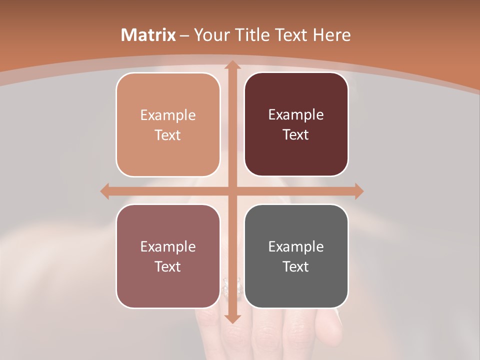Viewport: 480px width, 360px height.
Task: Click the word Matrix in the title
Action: tap(148, 35)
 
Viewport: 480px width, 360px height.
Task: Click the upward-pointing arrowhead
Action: tap(232, 65)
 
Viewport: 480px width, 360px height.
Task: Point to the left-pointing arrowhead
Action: tap(105, 191)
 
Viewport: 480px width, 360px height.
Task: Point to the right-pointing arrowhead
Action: tap(358, 191)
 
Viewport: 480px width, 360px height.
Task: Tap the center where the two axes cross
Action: tap(232, 191)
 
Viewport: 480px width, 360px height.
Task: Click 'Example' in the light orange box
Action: tap(168, 115)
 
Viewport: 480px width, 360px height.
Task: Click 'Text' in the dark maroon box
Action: tap(296, 135)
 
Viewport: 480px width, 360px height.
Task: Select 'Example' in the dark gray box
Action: tap(296, 246)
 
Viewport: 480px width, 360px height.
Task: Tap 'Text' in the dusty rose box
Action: tap(168, 266)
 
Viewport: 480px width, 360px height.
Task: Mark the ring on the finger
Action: tap(226, 286)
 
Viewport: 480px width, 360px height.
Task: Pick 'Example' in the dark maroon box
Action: tap(296, 115)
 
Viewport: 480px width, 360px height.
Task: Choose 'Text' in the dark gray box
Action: tap(296, 266)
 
